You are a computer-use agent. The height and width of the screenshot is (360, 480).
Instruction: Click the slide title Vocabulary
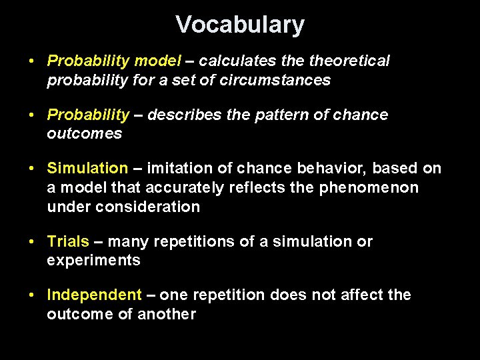click(240, 25)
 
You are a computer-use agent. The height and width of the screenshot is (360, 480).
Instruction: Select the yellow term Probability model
click(114, 61)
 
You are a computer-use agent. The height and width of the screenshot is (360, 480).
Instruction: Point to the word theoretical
click(349, 61)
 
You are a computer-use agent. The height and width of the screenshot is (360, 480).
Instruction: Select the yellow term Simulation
click(87, 169)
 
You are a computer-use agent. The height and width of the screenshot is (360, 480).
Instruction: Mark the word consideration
click(148, 207)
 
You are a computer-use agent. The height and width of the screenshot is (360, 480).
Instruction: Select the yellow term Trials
click(67, 241)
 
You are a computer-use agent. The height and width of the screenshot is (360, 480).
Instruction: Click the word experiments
click(93, 260)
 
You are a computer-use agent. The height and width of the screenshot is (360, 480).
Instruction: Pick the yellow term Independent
click(94, 295)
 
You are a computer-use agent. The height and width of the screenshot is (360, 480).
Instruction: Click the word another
click(167, 313)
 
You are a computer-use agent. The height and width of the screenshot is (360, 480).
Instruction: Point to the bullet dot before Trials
click(32, 241)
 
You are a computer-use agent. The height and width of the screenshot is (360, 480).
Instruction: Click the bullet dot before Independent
click(32, 295)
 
